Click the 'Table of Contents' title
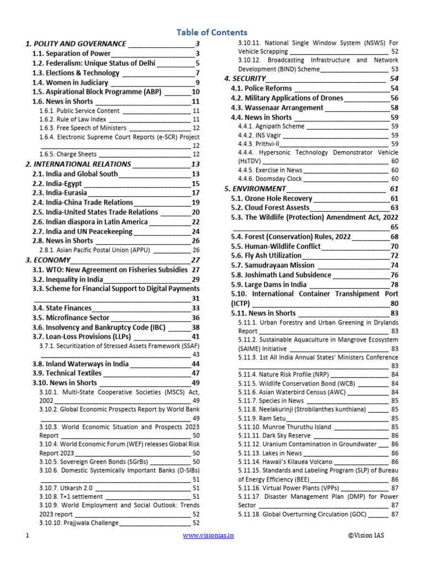click(211, 32)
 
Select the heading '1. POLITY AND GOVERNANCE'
click(76, 43)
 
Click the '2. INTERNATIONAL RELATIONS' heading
click(78, 164)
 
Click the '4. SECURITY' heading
click(245, 79)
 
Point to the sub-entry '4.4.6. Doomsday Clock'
click(270, 179)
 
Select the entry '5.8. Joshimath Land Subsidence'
click(280, 275)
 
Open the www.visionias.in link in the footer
click(208, 535)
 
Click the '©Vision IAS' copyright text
click(371, 535)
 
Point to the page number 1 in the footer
click(27, 535)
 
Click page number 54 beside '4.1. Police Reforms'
click(394, 88)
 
